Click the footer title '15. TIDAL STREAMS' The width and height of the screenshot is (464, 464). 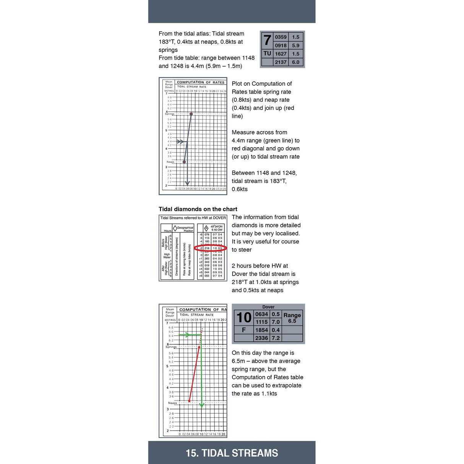click(232, 453)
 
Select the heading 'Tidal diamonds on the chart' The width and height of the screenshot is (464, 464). click(198, 209)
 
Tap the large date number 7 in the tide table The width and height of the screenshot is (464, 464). click(267, 40)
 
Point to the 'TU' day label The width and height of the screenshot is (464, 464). click(267, 54)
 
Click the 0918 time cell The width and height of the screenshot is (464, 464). click(281, 45)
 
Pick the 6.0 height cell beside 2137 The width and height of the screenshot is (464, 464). click(295, 62)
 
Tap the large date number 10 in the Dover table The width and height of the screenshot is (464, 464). click(244, 318)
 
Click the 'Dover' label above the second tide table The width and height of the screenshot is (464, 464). click(268, 307)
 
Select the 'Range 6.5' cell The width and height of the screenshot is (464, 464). click(292, 318)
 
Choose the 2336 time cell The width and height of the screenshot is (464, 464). click(261, 338)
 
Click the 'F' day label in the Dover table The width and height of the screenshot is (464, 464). click(244, 330)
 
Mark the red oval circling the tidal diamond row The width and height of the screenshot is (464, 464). click(210, 248)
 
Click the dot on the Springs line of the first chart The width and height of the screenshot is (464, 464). click(191, 114)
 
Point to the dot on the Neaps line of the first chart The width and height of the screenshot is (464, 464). click(184, 162)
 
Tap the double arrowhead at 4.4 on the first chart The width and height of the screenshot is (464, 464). click(180, 141)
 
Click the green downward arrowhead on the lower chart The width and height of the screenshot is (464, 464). click(202, 405)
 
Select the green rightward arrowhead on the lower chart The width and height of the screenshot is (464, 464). click(187, 335)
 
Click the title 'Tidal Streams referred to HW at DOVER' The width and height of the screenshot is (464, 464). click(193, 218)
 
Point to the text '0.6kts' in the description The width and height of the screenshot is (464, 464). click(240, 189)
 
